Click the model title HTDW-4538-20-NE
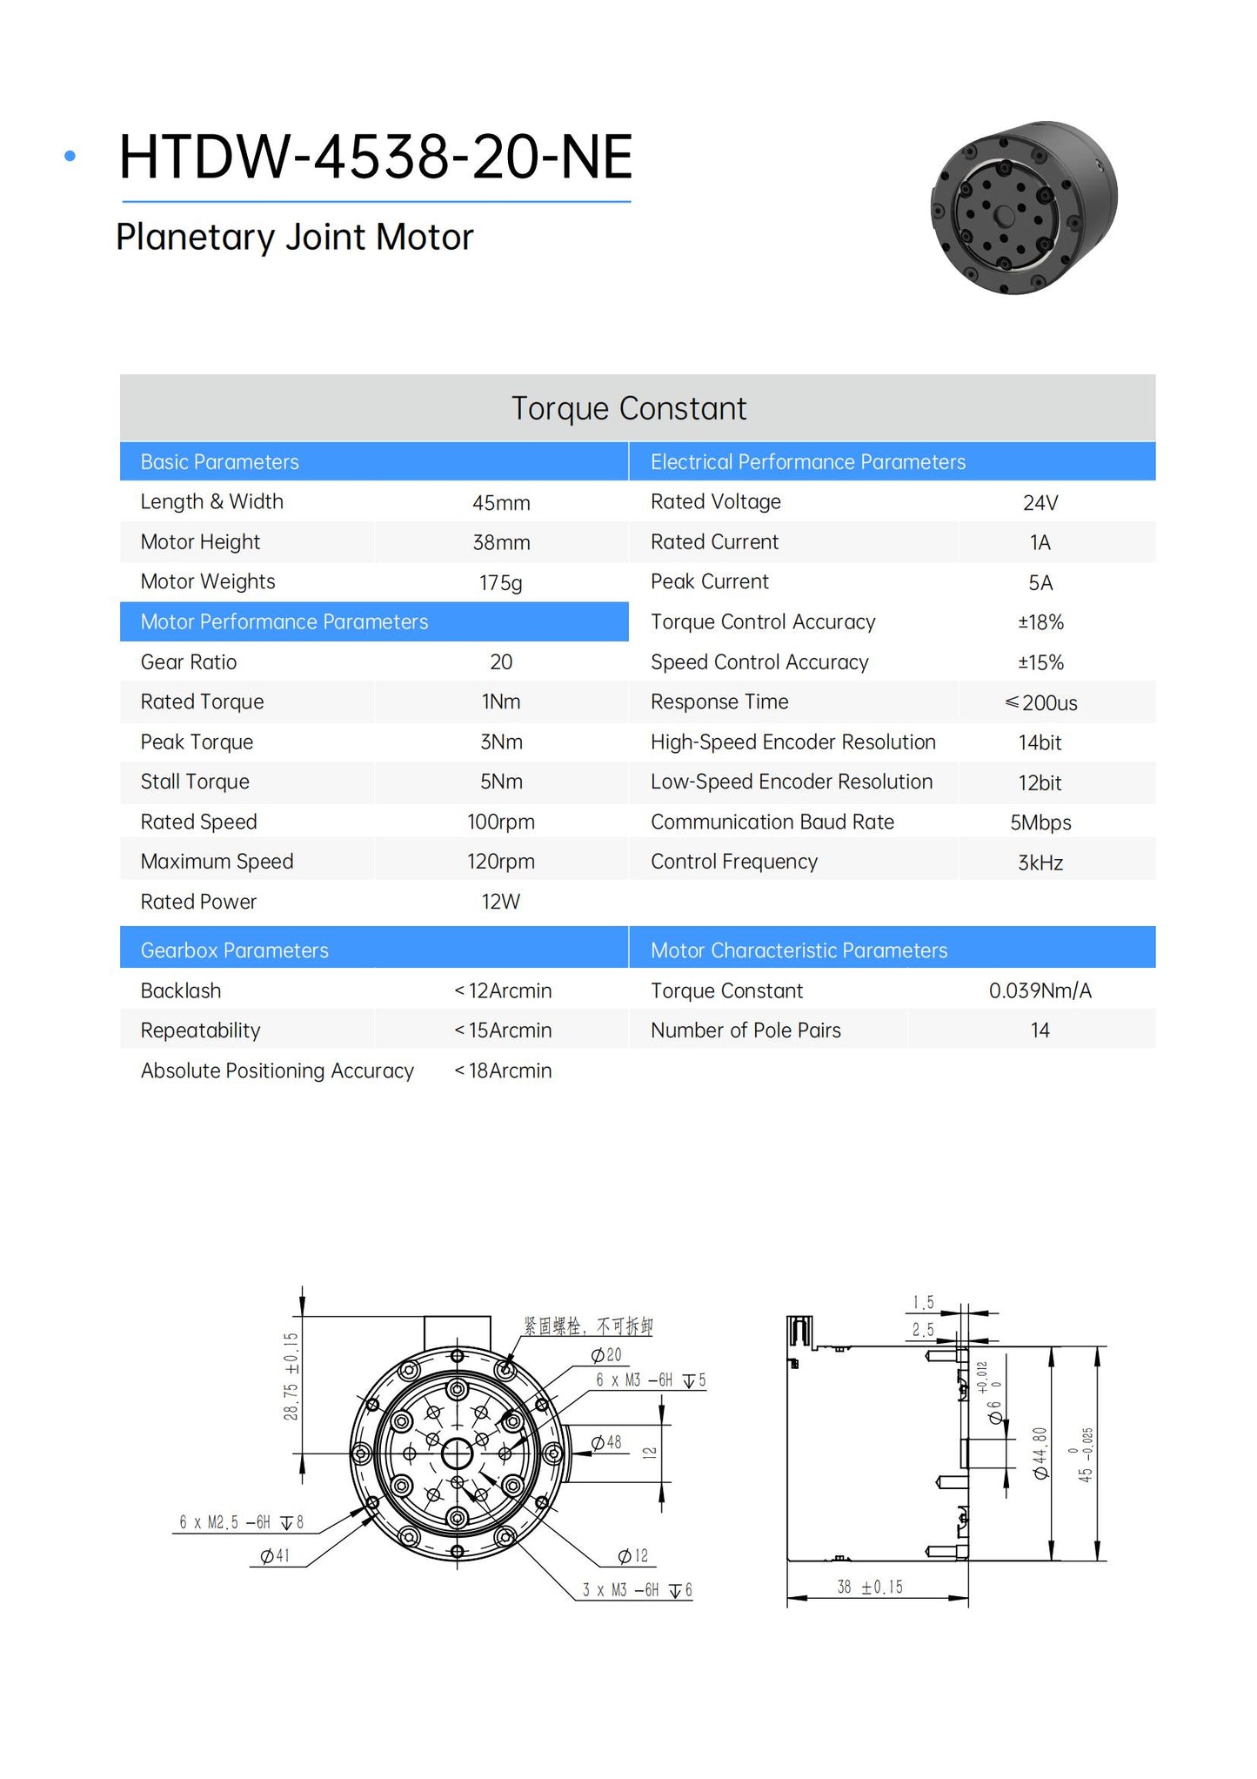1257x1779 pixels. (375, 158)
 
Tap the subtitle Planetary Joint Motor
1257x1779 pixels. (294, 237)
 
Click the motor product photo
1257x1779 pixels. (1024, 207)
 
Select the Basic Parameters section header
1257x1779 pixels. (219, 462)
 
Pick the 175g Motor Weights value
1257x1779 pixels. (500, 582)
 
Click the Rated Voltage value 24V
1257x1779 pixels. (1040, 503)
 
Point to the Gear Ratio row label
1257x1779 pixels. (189, 662)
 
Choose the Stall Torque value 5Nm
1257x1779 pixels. (501, 782)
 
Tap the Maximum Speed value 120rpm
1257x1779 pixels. (500, 862)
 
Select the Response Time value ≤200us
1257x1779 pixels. (1040, 702)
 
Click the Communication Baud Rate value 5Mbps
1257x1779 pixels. (1040, 822)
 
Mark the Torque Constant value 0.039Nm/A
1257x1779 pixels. (1040, 990)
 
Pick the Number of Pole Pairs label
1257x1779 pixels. (746, 1030)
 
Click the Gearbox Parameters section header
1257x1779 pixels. (234, 950)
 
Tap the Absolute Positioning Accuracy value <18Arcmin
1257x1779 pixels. (503, 1071)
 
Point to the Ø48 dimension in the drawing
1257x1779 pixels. (606, 1443)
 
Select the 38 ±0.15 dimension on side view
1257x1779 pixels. (870, 1587)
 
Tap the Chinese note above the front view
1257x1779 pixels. (587, 1326)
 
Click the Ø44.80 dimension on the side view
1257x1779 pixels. (1040, 1453)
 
